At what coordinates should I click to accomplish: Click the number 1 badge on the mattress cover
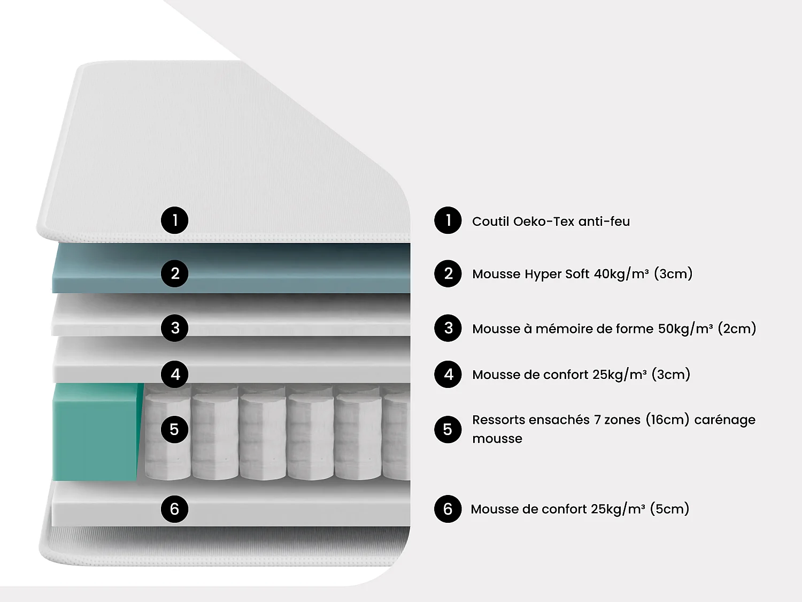174,220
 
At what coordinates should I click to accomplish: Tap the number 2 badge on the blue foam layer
174,273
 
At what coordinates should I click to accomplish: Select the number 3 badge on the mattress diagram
174,327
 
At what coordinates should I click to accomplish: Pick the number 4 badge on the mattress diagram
174,374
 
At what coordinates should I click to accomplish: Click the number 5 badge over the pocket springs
174,429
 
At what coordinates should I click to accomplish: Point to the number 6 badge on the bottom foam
174,509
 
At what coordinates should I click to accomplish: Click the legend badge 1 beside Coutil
448,220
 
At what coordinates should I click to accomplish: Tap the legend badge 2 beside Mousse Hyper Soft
448,273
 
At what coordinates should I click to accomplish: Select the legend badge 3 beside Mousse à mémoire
448,328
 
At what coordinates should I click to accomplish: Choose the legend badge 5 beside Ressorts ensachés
448,429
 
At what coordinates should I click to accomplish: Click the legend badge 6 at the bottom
448,509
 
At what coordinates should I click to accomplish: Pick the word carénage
724,420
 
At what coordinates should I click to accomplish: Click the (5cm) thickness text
669,509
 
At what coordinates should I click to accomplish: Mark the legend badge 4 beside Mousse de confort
448,374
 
